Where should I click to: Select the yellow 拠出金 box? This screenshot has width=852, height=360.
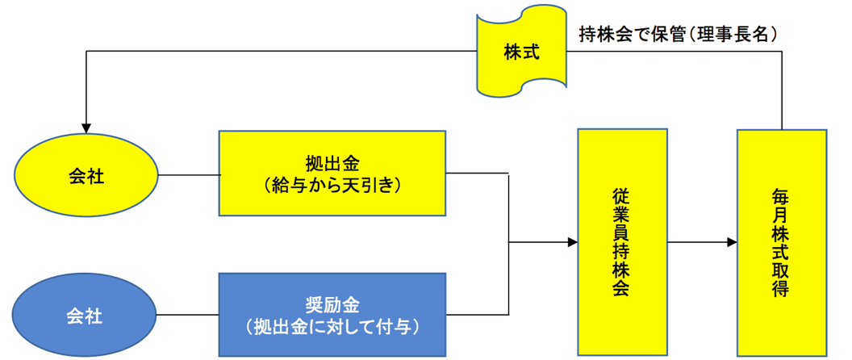tap(332, 173)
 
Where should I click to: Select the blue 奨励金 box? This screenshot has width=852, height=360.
tap(332, 315)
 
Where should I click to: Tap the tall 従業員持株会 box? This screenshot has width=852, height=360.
tap(622, 242)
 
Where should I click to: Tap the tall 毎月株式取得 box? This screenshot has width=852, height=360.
tap(782, 242)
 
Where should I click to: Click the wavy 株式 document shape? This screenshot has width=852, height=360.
tap(521, 52)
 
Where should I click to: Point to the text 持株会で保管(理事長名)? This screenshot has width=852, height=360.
tap(678, 35)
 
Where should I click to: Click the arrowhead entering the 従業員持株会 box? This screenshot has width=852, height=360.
tap(572, 242)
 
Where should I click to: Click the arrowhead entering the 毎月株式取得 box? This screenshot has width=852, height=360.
tap(731, 242)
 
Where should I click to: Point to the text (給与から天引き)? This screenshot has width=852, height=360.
tap(332, 185)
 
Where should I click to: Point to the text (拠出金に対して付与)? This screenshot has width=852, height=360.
tap(332, 327)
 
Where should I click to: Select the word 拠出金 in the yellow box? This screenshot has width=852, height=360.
tap(332, 162)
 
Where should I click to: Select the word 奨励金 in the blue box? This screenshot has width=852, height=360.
tap(332, 304)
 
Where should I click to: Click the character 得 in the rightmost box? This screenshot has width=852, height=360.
tap(782, 289)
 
